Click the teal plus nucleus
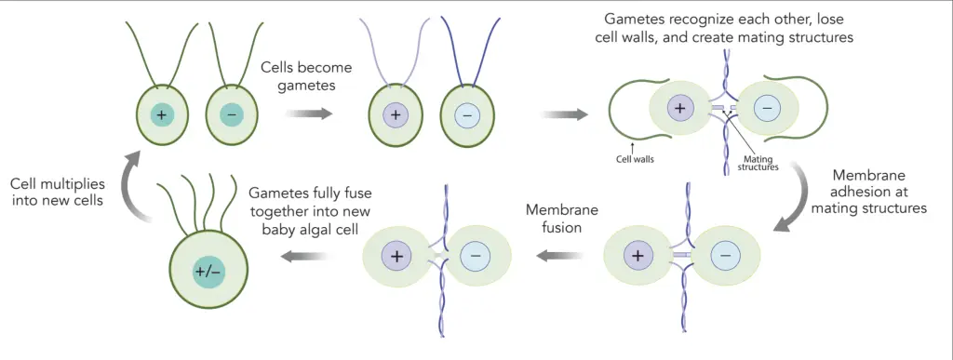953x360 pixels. (164, 114)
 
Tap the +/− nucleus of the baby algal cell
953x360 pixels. (208, 271)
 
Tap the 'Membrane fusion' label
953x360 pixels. (562, 218)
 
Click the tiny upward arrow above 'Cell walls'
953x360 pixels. (631, 144)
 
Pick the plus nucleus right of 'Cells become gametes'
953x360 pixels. (396, 116)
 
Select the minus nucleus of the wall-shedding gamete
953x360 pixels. (767, 108)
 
